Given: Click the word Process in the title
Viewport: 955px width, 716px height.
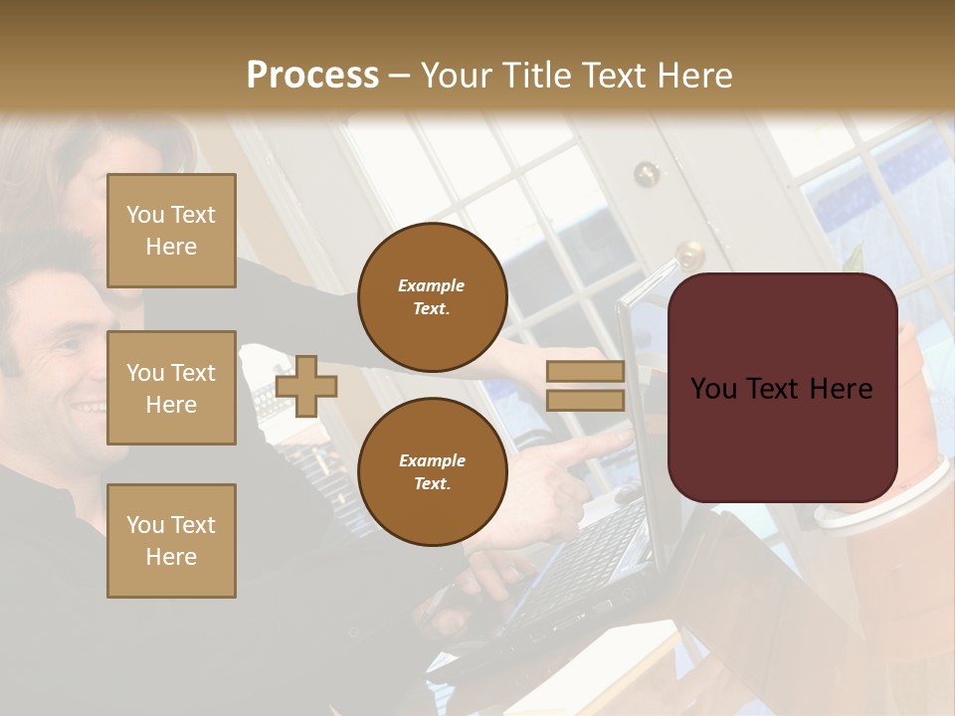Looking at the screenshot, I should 312,76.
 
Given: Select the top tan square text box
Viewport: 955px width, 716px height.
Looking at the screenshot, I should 171,231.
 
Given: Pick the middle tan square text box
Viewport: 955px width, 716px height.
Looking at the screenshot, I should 171,388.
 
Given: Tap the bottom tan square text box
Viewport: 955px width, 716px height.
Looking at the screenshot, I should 171,540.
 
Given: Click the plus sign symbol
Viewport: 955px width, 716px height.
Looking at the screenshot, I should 306,386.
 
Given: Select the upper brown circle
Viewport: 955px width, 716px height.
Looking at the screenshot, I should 432,297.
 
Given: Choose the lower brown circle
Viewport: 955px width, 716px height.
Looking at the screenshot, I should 432,471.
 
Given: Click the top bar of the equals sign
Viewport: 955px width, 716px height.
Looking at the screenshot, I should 585,372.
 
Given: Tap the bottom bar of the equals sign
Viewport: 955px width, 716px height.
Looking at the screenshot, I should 585,400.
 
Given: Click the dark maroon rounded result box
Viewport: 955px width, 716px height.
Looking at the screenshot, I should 782,388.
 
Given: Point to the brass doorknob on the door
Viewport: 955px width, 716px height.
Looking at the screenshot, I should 688,254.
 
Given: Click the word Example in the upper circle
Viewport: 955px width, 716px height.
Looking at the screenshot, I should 432,286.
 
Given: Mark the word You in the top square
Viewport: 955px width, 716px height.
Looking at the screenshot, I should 145,215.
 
